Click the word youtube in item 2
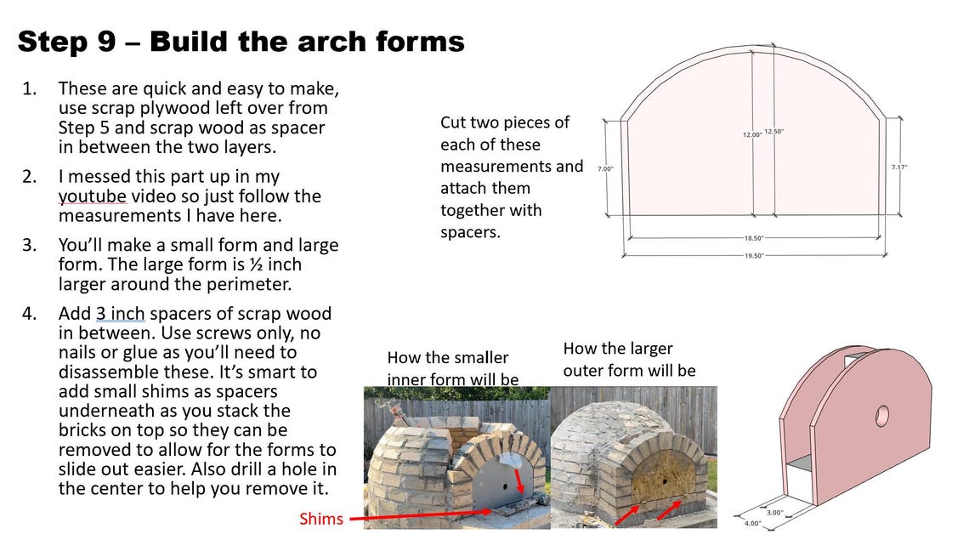click(92, 196)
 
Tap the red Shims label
click(320, 518)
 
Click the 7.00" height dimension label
click(605, 168)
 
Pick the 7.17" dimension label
click(899, 167)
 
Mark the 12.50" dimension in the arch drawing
click(773, 132)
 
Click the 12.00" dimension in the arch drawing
click(752, 134)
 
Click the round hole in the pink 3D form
click(881, 415)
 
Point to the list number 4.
click(30, 313)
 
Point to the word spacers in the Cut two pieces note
click(470, 231)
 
